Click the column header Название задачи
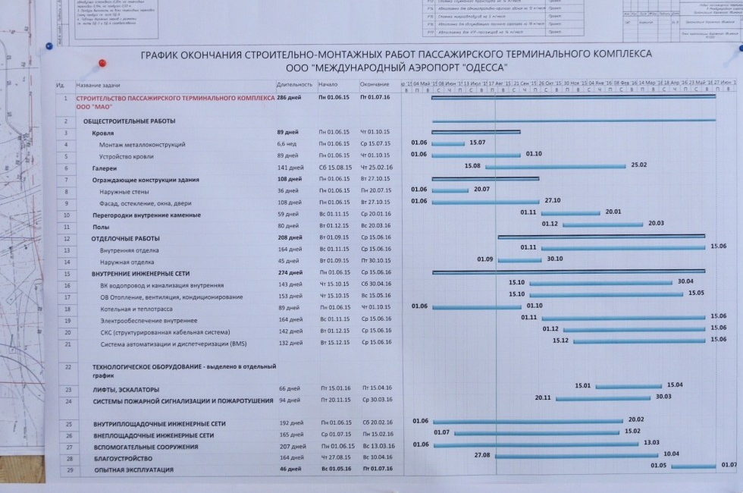(99, 84)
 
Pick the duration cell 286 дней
(289, 98)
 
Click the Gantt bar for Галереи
(556, 167)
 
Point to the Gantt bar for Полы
(603, 225)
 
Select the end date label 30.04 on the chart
(685, 281)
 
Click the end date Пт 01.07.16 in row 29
(375, 470)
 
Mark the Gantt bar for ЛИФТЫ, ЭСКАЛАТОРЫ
(629, 388)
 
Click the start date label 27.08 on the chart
(482, 455)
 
